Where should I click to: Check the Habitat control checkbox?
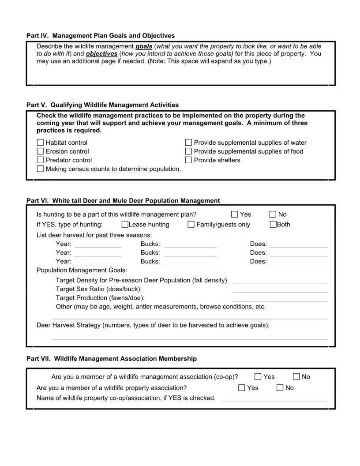(x=41, y=143)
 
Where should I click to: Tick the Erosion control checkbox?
(x=41, y=151)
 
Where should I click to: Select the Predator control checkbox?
(x=41, y=160)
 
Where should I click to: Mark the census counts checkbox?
(x=41, y=169)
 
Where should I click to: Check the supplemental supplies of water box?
(x=188, y=143)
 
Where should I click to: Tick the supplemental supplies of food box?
(x=188, y=151)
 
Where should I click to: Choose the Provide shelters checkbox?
(x=188, y=160)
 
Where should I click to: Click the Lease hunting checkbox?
(x=125, y=225)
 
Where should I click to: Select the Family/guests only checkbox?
(x=191, y=225)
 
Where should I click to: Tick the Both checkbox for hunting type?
(x=273, y=225)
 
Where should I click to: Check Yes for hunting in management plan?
(x=235, y=214)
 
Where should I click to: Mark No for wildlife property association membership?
(x=280, y=388)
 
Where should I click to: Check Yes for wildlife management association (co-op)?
(x=258, y=377)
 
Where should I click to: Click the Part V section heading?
(x=102, y=105)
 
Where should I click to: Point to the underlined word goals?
(x=144, y=46)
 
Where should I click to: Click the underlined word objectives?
(x=101, y=54)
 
